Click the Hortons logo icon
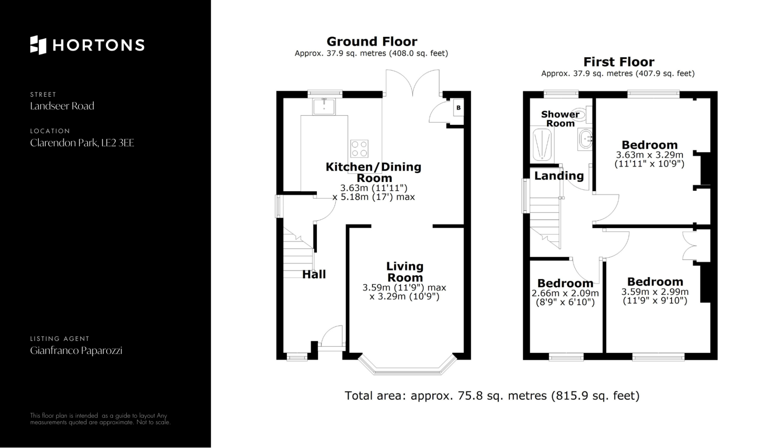(38, 45)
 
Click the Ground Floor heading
(372, 42)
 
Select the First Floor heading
(619, 62)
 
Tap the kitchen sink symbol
(324, 106)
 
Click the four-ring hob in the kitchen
(359, 148)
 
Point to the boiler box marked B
(458, 108)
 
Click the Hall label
(314, 274)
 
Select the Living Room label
(405, 272)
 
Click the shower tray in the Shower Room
(542, 144)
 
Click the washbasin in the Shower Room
(585, 140)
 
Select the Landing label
(559, 176)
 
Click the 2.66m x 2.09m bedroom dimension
(565, 298)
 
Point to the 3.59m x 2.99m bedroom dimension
(655, 296)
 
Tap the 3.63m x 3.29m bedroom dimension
(650, 159)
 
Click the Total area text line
(492, 396)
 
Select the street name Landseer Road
(62, 106)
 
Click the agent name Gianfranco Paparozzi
(76, 351)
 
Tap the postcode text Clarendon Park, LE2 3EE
(82, 143)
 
